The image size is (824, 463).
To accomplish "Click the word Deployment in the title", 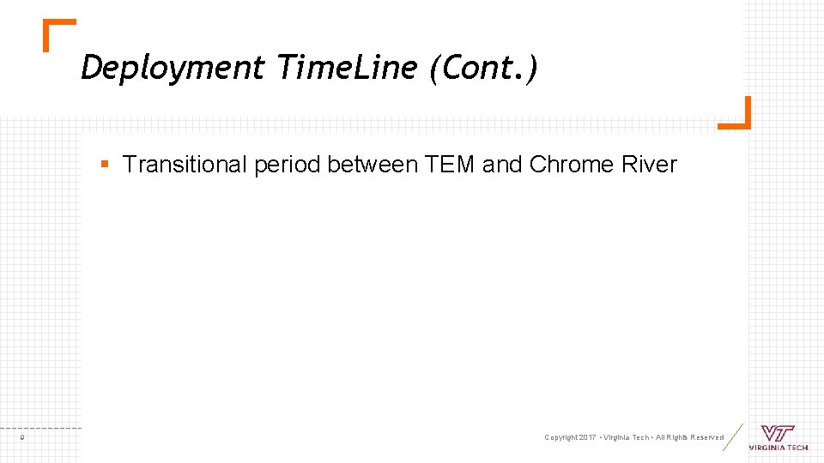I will (173, 68).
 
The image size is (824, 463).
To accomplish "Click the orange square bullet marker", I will (104, 163).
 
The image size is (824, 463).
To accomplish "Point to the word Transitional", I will (185, 165).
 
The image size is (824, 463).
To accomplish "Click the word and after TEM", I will (502, 165).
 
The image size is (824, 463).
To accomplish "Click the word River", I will (651, 165).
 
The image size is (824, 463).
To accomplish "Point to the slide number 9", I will (22, 438).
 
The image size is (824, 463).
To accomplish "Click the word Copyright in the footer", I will (561, 438).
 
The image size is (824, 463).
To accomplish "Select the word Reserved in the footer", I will (706, 438).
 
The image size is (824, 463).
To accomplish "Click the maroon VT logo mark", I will (778, 433).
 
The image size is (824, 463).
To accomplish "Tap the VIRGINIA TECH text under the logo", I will (778, 448).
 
